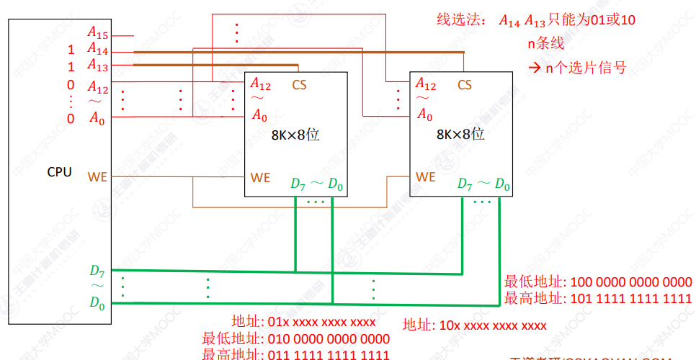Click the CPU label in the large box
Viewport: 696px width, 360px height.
point(59,172)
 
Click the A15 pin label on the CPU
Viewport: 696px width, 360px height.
point(97,33)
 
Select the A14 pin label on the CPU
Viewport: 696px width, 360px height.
point(97,50)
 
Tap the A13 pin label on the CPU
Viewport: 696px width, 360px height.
point(97,66)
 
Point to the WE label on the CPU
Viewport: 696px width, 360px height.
point(97,176)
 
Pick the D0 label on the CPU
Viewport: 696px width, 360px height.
point(97,303)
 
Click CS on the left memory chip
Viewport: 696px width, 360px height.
point(299,85)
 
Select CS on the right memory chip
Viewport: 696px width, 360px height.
point(465,85)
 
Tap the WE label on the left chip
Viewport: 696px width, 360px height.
point(260,176)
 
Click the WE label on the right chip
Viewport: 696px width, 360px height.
point(426,176)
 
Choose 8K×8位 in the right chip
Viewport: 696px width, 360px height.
point(460,134)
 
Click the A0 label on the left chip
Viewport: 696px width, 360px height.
point(259,114)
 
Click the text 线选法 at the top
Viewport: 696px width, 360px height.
point(457,19)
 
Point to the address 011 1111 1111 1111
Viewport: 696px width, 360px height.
point(329,354)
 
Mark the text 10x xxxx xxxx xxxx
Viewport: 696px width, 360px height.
point(494,325)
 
